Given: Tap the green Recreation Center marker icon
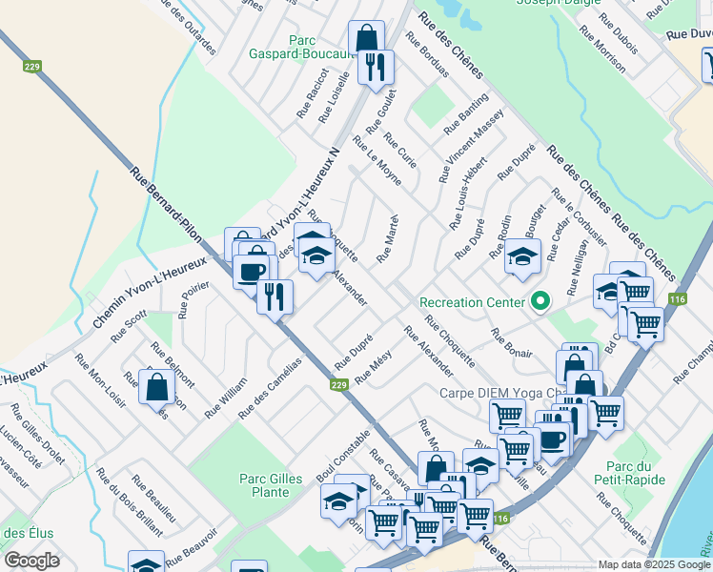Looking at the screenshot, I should (540, 302).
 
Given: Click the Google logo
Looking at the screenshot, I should (32, 560).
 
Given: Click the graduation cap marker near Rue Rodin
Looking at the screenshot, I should (522, 255).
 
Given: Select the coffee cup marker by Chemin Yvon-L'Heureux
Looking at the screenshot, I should (252, 271).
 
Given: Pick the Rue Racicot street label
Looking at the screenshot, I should (311, 93).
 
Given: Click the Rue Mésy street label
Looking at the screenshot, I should (374, 368).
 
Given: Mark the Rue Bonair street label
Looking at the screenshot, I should (512, 343).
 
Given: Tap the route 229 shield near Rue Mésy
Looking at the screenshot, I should (338, 384).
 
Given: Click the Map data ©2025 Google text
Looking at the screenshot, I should (654, 564).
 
